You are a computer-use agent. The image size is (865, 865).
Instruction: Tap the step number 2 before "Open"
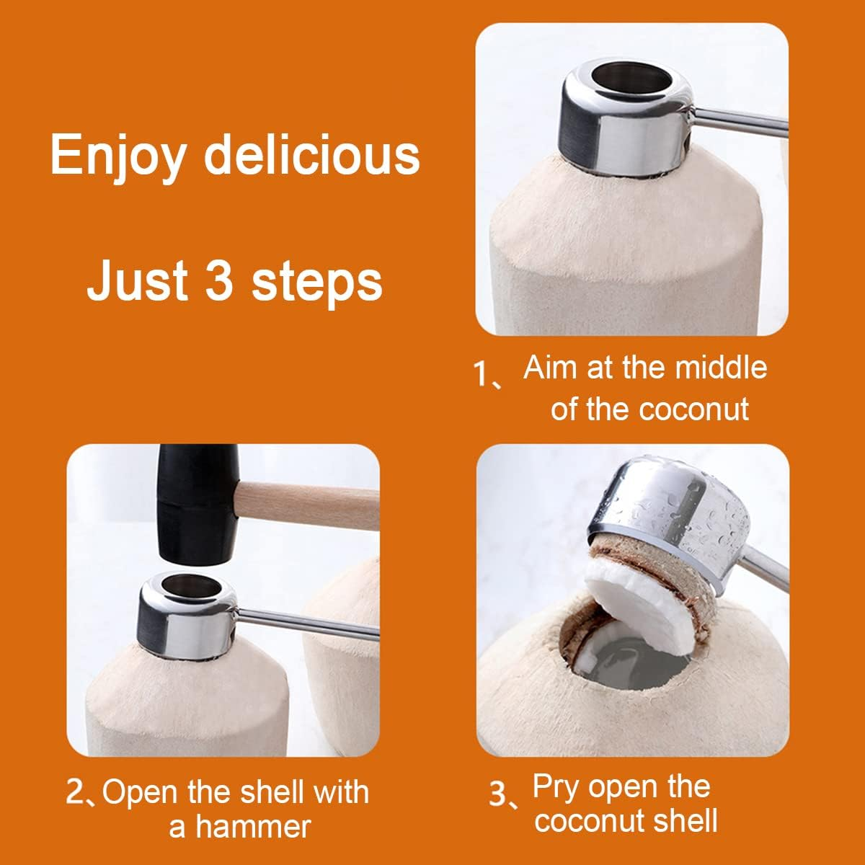76,791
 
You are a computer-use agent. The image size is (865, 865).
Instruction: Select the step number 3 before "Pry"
499,793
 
